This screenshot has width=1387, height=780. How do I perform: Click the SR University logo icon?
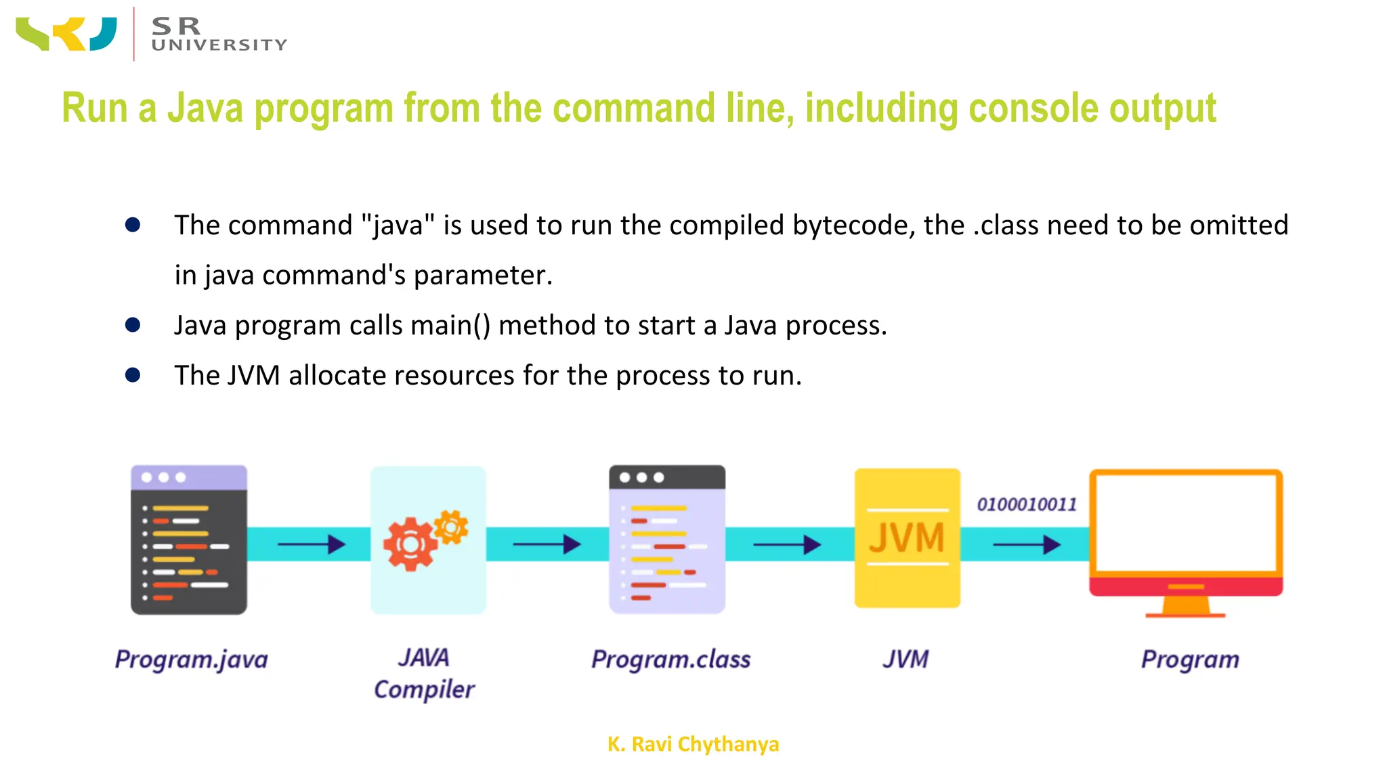coord(66,34)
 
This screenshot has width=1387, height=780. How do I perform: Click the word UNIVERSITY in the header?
coord(219,45)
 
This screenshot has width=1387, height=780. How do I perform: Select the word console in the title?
coord(1030,108)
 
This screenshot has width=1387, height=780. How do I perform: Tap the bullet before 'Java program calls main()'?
coord(133,325)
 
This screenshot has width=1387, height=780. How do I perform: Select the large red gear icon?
coord(409,544)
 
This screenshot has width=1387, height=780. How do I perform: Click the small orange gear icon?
coord(451,526)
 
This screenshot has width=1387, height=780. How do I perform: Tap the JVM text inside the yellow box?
coord(907,538)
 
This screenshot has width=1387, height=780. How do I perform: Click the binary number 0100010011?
coord(1027,504)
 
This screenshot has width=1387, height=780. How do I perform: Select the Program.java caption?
coord(192,659)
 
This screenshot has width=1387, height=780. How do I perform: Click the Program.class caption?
coord(670,659)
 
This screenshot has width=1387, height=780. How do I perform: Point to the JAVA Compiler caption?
coord(425,674)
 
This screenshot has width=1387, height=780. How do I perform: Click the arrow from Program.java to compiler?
coord(311,544)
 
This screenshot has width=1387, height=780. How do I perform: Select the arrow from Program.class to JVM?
coord(787,544)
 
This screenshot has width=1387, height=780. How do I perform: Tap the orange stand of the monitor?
coord(1185,605)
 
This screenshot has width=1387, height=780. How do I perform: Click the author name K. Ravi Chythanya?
coord(693,744)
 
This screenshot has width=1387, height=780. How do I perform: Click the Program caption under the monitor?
coord(1190,659)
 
